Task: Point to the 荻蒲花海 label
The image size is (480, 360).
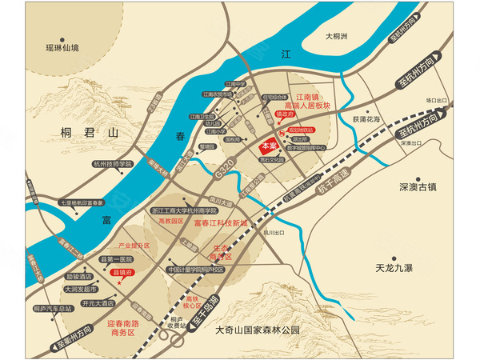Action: [x=366, y=119]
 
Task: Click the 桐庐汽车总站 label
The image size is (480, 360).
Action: [x=53, y=308]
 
